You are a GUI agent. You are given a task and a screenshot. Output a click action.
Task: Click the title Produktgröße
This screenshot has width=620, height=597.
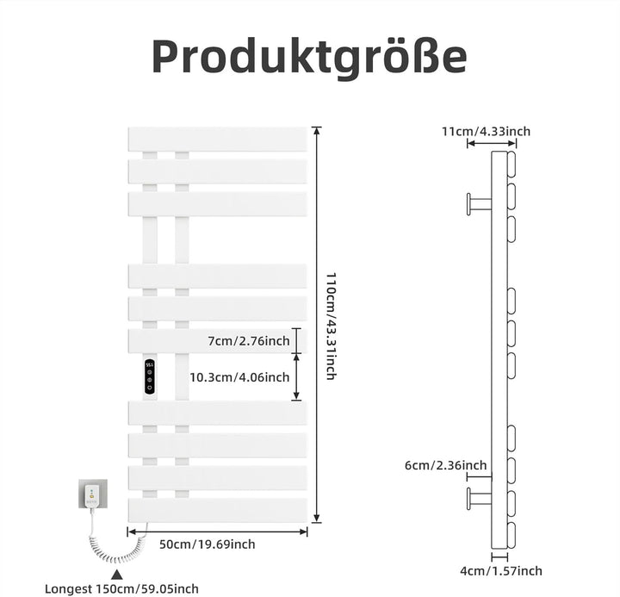click(309, 57)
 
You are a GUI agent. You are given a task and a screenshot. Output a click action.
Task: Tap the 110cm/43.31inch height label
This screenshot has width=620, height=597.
click(331, 326)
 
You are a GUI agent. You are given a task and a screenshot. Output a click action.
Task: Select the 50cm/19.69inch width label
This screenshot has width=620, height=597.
click(208, 544)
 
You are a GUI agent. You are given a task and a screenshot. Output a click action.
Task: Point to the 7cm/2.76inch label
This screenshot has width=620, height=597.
click(249, 341)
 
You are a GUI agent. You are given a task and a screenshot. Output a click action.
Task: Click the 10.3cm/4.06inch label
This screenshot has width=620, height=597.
click(239, 377)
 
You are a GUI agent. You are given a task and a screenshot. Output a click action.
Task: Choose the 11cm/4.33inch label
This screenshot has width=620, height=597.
click(486, 131)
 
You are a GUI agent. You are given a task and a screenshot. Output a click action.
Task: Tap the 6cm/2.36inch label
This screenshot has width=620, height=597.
click(446, 465)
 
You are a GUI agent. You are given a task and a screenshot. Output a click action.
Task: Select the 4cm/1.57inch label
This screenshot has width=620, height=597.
click(501, 571)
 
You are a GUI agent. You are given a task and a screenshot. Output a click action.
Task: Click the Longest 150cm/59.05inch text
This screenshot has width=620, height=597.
click(121, 588)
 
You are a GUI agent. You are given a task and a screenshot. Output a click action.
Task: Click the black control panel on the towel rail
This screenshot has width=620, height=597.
click(150, 377)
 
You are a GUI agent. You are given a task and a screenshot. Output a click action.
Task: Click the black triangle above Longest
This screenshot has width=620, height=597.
click(116, 575)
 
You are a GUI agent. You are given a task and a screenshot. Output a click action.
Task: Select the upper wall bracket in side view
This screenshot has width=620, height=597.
click(480, 204)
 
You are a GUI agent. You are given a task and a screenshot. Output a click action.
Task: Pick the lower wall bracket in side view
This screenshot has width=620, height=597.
click(480, 499)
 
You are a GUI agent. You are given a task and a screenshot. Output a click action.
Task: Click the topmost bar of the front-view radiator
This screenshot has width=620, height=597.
click(218, 139)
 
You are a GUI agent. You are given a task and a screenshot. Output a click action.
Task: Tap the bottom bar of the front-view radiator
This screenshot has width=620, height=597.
click(218, 510)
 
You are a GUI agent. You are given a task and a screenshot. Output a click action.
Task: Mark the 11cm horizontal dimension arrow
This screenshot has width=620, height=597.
click(492, 143)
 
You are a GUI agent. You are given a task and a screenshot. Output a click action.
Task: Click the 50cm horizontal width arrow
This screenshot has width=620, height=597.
click(217, 532)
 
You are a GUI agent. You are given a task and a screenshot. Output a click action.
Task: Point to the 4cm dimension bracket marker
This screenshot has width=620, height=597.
click(499, 557)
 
